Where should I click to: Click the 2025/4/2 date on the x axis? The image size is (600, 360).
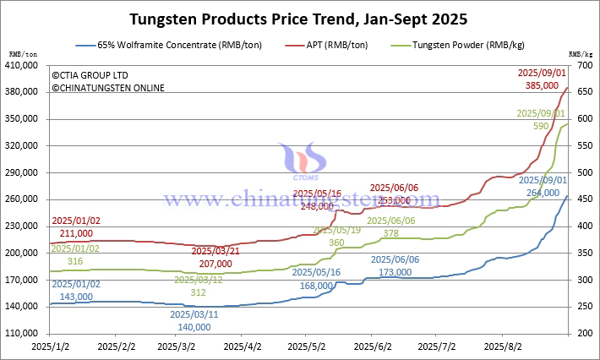[x=243, y=346]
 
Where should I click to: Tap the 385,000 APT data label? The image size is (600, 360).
[x=548, y=85]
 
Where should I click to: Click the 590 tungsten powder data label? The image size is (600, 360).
[x=541, y=125]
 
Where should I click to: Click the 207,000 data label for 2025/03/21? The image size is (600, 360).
[x=217, y=263]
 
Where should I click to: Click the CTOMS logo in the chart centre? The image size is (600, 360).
[x=300, y=165]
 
